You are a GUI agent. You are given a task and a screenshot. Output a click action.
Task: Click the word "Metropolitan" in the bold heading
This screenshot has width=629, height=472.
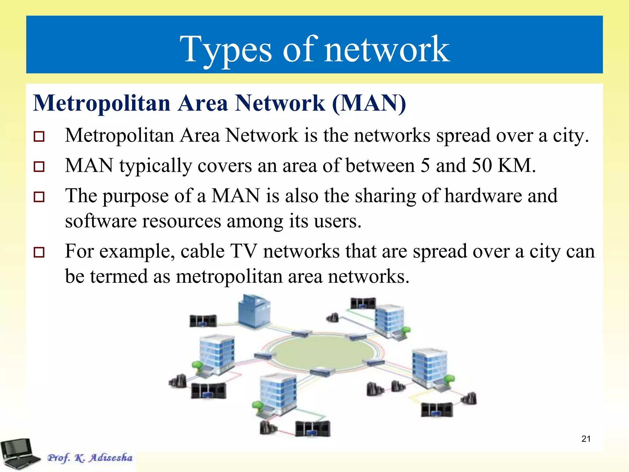102,103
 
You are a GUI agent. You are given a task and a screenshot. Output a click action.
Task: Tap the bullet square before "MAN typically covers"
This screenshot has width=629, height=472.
39,167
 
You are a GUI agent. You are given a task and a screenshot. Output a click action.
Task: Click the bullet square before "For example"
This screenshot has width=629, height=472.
39,252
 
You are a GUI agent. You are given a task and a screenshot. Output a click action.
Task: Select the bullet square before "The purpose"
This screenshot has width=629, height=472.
39,197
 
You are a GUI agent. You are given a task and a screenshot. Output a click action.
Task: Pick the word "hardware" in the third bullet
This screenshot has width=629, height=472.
483,196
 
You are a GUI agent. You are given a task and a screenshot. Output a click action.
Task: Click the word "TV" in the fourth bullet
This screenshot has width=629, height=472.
244,251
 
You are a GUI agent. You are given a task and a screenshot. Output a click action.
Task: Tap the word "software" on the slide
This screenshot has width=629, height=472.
101,221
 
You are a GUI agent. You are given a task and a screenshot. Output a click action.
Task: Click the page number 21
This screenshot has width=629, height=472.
586,439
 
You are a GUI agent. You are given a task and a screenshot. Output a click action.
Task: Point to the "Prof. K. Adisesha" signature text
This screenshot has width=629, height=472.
90,458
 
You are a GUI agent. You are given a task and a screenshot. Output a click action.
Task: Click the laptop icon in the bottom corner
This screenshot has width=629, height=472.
19,454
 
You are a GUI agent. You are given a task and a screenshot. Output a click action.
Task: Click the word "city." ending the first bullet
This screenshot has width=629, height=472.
571,135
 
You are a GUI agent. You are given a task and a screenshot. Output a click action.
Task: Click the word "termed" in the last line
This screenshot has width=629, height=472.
119,276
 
